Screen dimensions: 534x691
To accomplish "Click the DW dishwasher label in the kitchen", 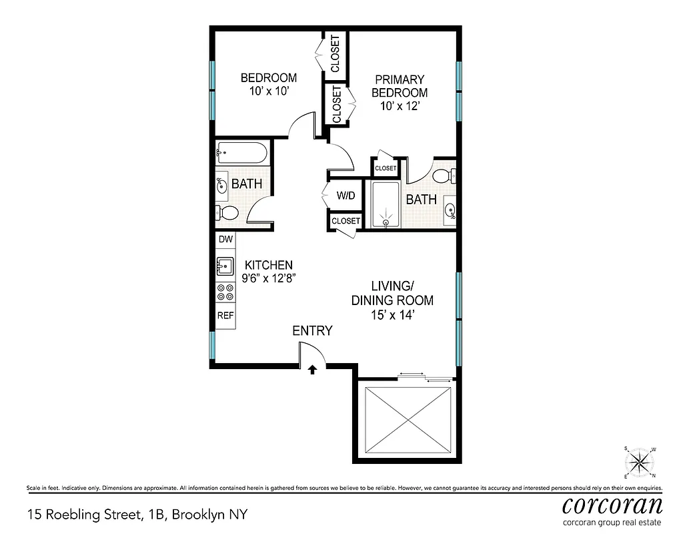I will (x=225, y=239).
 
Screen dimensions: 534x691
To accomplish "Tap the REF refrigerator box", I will (x=225, y=315).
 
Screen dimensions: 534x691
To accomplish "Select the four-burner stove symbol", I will (x=225, y=291).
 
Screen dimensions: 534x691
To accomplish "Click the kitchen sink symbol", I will (x=224, y=266).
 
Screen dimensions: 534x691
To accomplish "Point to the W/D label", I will (x=345, y=196).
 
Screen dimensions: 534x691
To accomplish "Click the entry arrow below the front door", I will (x=312, y=370).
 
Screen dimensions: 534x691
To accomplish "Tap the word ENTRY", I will (x=312, y=331).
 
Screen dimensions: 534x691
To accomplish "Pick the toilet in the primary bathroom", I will (x=444, y=176).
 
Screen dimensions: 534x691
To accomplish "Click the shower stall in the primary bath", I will (x=386, y=204).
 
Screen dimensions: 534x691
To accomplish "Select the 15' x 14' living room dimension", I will (x=393, y=316).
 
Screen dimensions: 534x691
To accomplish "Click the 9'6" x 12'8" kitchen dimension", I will (x=268, y=279).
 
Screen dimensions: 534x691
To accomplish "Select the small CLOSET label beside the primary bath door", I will (x=385, y=168).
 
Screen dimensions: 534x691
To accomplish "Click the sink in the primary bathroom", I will (x=450, y=211).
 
